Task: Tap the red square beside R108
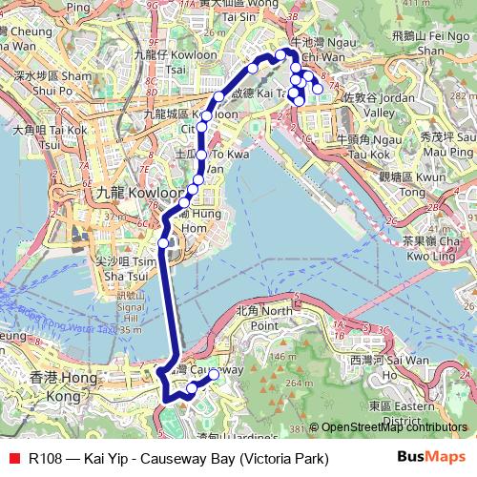(x=12, y=459)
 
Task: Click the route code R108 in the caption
(x=46, y=459)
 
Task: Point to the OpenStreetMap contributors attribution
(x=393, y=428)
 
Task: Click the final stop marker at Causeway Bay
(x=215, y=375)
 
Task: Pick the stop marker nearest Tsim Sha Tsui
(x=163, y=242)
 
